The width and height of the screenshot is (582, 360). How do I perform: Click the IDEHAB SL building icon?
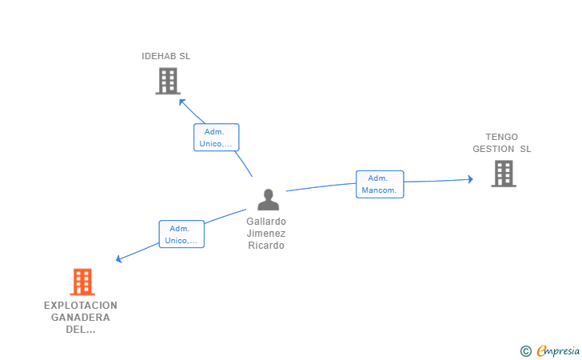pyautogui.click(x=167, y=81)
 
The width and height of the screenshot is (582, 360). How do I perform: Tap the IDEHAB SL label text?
pyautogui.click(x=166, y=56)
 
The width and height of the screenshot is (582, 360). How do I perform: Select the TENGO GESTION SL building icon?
pyautogui.click(x=503, y=174)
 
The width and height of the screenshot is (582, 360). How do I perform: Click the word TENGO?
pyautogui.click(x=501, y=137)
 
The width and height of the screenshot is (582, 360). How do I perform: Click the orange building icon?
pyautogui.click(x=82, y=282)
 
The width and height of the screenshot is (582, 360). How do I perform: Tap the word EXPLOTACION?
pyautogui.click(x=81, y=306)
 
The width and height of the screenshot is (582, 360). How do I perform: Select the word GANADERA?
pyautogui.click(x=81, y=318)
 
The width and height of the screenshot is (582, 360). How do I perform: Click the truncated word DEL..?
pyautogui.click(x=81, y=330)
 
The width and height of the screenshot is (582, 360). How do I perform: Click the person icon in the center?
pyautogui.click(x=268, y=199)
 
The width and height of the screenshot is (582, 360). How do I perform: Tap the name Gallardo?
pyautogui.click(x=266, y=222)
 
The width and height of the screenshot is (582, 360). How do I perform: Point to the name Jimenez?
pyautogui.click(x=266, y=234)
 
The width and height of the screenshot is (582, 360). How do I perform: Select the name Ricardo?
pyautogui.click(x=266, y=246)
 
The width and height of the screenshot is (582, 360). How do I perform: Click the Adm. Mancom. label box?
pyautogui.click(x=380, y=184)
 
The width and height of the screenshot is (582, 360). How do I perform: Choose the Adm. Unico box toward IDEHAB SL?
pyautogui.click(x=216, y=138)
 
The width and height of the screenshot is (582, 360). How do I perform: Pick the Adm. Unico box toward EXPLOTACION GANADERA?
pyautogui.click(x=181, y=234)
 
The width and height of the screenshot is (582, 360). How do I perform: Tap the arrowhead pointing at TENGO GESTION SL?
pyautogui.click(x=470, y=180)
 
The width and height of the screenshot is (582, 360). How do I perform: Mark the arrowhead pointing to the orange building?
pyautogui.click(x=119, y=259)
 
